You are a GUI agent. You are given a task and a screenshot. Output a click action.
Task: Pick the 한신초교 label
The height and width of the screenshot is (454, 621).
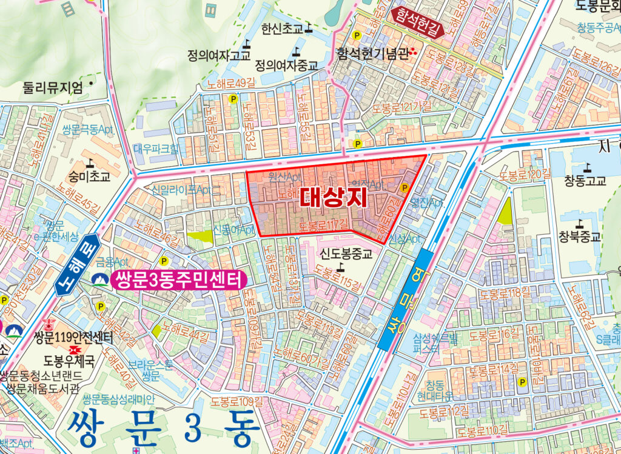click(282, 28)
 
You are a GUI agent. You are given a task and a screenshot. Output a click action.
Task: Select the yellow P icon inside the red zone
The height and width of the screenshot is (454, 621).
click(405, 188)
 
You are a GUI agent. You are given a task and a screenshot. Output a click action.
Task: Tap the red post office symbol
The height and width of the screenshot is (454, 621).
click(76, 350)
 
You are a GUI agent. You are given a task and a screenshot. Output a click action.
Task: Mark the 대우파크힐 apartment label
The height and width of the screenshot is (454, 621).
click(156, 147)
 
